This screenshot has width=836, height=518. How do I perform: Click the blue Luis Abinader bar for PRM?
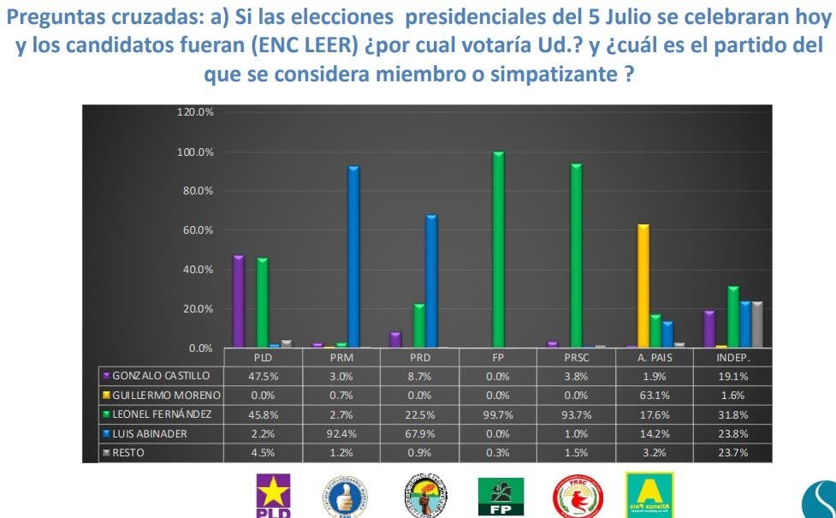point(353,257)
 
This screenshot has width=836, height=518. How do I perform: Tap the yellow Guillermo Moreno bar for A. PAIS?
point(643,286)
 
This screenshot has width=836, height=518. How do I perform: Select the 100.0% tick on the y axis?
point(196,152)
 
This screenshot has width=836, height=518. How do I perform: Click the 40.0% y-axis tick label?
point(196,269)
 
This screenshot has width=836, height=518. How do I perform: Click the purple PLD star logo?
point(274,495)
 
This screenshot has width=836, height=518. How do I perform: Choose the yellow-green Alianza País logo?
point(649,495)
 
